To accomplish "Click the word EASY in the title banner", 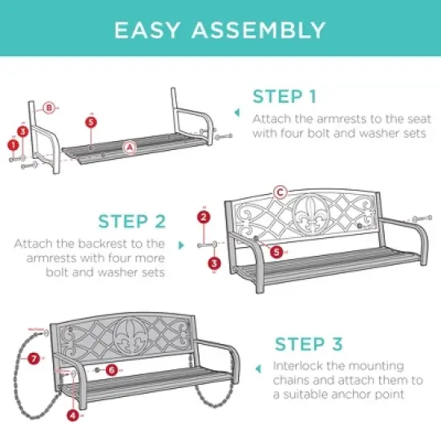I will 150,30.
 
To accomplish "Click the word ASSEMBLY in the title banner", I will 258,30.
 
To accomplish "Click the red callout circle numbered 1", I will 13,144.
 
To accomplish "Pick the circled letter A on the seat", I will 128,147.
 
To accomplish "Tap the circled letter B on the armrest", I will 49,107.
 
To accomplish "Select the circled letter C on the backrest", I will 280,192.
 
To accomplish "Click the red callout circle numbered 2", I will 204,217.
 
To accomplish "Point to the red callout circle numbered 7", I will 34,359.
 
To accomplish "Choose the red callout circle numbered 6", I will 111,370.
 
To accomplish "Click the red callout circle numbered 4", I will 73,415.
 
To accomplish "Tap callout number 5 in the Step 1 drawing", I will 91,122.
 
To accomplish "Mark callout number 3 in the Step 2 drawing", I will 214,262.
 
